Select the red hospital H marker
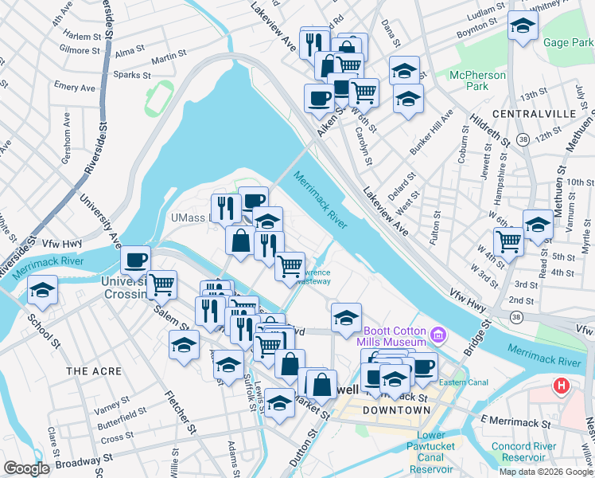[x=562, y=386]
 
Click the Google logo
[x=25, y=468]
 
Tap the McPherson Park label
[x=478, y=81]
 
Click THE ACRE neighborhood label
[x=94, y=372]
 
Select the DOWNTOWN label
[x=396, y=410]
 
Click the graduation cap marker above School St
[x=42, y=291]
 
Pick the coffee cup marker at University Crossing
[x=135, y=261]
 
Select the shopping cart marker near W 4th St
[x=508, y=241]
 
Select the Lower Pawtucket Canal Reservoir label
[x=432, y=452]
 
